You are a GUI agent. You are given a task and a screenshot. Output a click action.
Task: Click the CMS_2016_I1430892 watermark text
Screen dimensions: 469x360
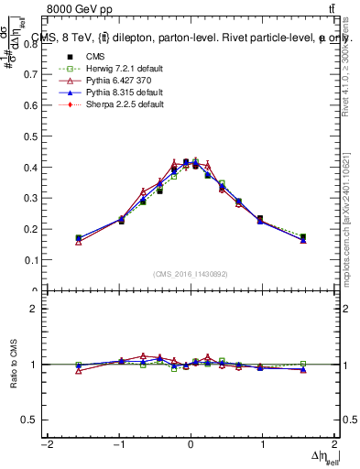[190, 273]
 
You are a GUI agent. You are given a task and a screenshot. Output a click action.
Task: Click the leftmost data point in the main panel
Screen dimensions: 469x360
[79, 238]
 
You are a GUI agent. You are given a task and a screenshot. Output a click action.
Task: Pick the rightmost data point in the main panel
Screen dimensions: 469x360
[303, 237]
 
